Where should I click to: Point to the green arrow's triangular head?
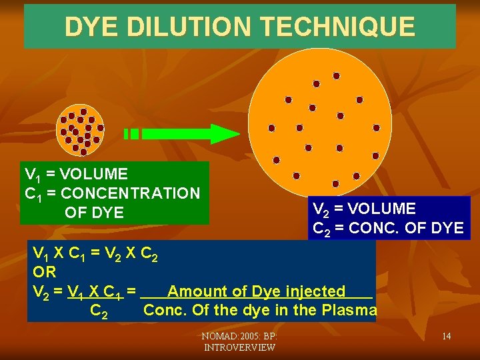224,133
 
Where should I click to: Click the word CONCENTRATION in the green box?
129,193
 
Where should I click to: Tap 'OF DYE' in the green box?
94,213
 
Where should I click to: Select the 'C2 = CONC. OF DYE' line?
388,229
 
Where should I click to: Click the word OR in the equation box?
44,272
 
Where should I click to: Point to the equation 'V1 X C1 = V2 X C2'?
97,253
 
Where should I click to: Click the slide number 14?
446,336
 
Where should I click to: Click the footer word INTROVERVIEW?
240,347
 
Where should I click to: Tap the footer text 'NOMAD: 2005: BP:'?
240,336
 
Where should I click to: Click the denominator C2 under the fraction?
99,311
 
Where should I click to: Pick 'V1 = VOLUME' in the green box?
76,175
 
